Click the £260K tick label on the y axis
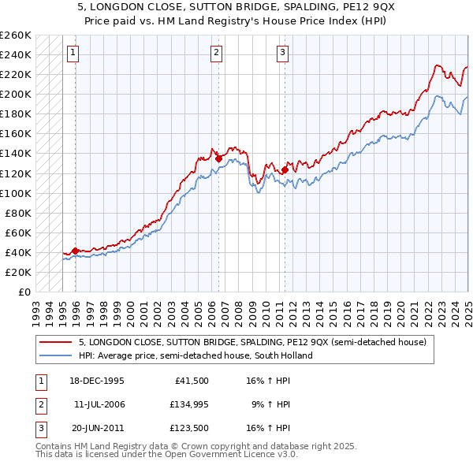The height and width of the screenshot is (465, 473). pos(16,35)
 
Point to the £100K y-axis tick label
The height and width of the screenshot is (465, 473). pos(16,193)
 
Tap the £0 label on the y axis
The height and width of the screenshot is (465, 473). pos(24,292)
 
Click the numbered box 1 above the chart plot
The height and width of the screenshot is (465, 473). pos(73,54)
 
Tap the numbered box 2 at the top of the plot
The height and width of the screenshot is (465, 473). pos(216,54)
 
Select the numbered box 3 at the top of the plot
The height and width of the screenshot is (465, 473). pos(282,54)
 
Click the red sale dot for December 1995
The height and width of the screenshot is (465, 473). pos(75,251)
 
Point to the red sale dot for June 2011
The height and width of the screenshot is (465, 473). pos(285,169)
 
